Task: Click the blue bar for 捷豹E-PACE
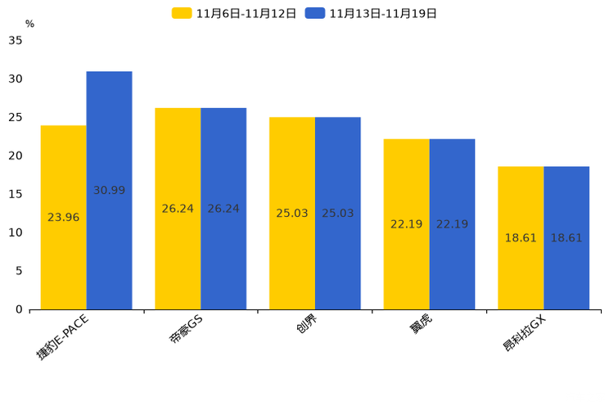(109, 191)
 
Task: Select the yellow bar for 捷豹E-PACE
(64, 218)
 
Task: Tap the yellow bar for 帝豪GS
(178, 209)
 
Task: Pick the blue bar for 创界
(338, 214)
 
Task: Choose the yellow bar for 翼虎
(407, 224)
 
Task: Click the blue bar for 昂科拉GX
(566, 238)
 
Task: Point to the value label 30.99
(109, 190)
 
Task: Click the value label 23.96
(63, 217)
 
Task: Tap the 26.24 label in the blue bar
(223, 209)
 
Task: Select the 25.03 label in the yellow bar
(292, 213)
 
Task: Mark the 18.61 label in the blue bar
(566, 237)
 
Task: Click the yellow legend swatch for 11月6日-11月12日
(182, 13)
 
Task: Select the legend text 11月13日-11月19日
(383, 14)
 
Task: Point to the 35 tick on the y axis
(16, 40)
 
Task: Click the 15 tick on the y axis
(16, 194)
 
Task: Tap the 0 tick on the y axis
(19, 309)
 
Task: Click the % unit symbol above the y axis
(30, 24)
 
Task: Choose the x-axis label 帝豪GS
(186, 329)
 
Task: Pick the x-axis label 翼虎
(420, 324)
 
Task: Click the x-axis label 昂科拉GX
(525, 333)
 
